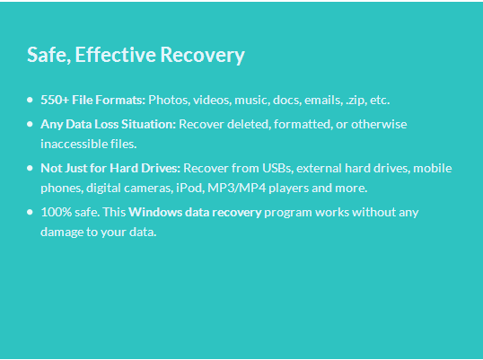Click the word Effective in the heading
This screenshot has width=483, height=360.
click(x=116, y=55)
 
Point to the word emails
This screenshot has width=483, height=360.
click(x=323, y=100)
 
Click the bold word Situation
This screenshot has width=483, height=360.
click(x=148, y=124)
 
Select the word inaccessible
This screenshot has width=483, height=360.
click(x=75, y=144)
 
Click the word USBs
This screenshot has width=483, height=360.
click(x=277, y=168)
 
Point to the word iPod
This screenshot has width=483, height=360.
click(x=190, y=188)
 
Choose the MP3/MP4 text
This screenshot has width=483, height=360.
click(x=237, y=188)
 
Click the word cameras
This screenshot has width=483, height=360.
click(x=148, y=189)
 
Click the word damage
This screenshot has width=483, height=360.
click(x=62, y=233)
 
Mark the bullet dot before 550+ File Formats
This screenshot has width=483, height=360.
click(x=30, y=100)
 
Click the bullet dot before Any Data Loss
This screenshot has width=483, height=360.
click(x=30, y=124)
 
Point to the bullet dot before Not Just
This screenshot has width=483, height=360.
click(x=30, y=168)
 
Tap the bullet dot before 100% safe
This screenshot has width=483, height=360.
click(x=30, y=212)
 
